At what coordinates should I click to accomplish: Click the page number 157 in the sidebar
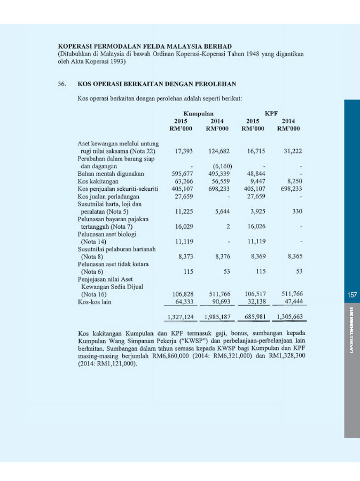(x=351, y=294)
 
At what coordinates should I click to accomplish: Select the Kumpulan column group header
(x=198, y=114)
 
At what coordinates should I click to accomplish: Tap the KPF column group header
(x=271, y=114)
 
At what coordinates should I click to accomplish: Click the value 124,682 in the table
(x=218, y=151)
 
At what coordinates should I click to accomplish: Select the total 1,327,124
(x=180, y=317)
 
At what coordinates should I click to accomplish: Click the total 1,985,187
(x=217, y=317)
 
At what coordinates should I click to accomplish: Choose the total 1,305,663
(x=289, y=317)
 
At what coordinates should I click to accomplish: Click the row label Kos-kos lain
(x=95, y=302)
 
